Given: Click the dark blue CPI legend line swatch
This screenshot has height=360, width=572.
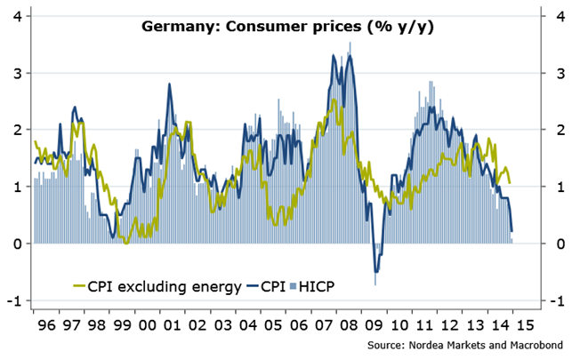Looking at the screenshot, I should pyautogui.click(x=259, y=286).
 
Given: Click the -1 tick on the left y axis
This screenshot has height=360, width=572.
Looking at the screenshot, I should pyautogui.click(x=14, y=301).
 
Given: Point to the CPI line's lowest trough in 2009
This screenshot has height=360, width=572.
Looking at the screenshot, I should pyautogui.click(x=376, y=271).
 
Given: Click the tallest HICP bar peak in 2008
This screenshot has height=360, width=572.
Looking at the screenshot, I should pyautogui.click(x=350, y=42).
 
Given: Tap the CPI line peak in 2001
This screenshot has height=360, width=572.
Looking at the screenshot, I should pyautogui.click(x=169, y=84).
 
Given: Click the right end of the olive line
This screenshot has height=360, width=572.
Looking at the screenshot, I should pyautogui.click(x=510, y=182).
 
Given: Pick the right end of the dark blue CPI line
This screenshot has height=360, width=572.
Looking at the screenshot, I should pyautogui.click(x=512, y=232).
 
